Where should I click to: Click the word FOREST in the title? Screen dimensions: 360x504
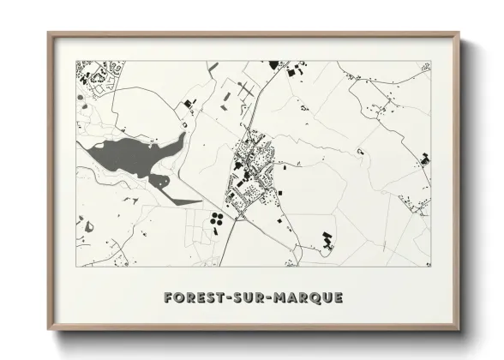pyautogui.click(x=192, y=298)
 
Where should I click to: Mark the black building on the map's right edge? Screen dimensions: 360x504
pyautogui.click(x=424, y=159)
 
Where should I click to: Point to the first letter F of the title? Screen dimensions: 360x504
pyautogui.click(x=168, y=298)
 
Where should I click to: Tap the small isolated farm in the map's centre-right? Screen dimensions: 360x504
pyautogui.click(x=361, y=152)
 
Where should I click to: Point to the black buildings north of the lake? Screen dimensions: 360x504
pyautogui.click(x=189, y=105)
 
